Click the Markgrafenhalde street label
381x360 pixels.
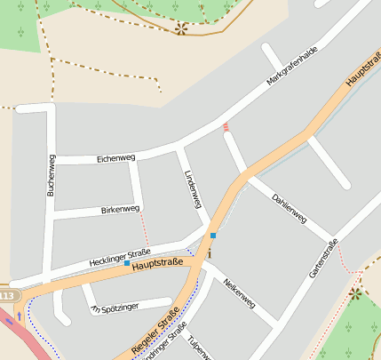click(x=292, y=68)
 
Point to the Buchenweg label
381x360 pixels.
click(x=50, y=175)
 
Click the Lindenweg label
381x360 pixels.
click(x=193, y=189)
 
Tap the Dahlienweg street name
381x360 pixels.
click(x=290, y=207)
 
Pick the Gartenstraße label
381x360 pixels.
click(x=324, y=259)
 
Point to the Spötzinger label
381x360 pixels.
click(x=120, y=308)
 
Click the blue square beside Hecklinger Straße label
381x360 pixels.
click(x=127, y=263)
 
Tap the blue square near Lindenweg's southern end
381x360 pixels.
click(x=213, y=235)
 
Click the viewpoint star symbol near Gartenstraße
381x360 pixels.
click(x=355, y=292)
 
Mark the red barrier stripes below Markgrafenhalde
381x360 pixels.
click(x=226, y=127)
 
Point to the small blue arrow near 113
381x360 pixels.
click(x=20, y=316)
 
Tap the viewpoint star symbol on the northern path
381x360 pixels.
click(x=181, y=28)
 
